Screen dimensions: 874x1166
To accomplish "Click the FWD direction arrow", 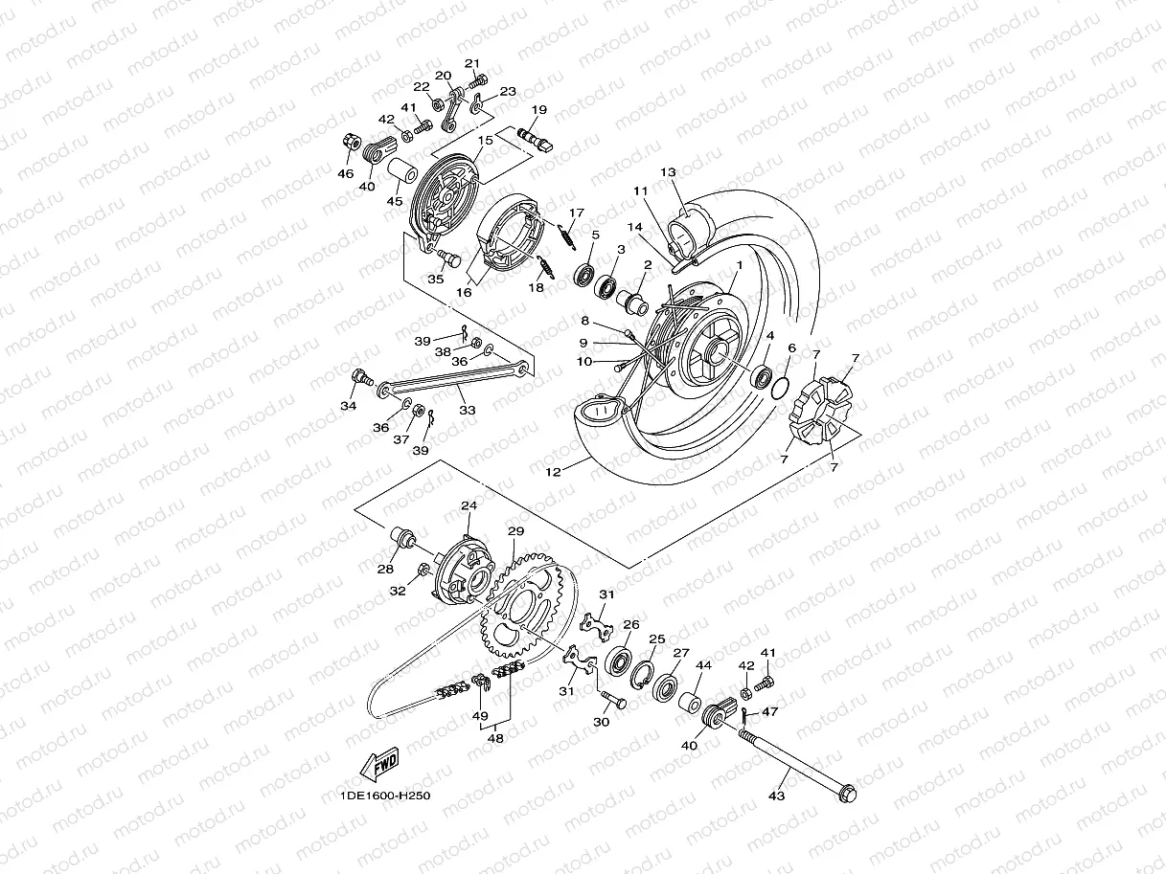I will coord(379,764).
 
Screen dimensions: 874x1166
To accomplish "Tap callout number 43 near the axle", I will coord(777,796).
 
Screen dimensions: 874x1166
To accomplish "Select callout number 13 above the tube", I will coord(694,172).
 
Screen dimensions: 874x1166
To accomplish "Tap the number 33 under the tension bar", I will coord(467,410).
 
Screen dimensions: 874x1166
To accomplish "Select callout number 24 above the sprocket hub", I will coord(469,505).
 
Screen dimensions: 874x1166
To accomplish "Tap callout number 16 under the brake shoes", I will coord(464,293).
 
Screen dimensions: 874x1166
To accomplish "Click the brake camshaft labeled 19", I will coord(533,137).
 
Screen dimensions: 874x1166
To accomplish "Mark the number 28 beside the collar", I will coord(385,569).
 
